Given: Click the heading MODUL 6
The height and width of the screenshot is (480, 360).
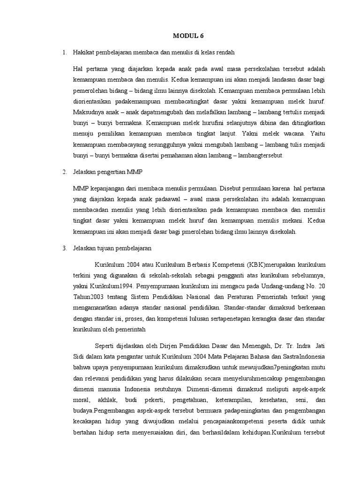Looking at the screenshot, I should tap(188, 36).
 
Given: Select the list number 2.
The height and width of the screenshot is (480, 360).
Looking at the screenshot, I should tap(64, 172).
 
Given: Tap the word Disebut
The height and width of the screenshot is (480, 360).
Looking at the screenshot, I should tap(232, 189).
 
